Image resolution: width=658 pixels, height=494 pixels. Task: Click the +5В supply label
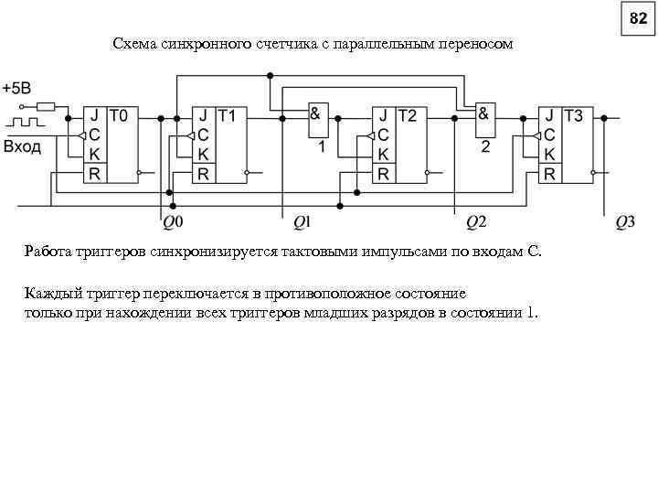[16, 89]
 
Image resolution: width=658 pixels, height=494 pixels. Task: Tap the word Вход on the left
[22, 146]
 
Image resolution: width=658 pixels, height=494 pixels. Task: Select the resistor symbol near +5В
[47, 106]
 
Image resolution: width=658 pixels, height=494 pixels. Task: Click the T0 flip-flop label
[121, 116]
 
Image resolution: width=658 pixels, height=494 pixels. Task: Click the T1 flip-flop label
[228, 116]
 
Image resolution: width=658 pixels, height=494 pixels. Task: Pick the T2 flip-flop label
[408, 116]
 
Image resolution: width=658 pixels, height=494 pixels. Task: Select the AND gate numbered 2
[486, 120]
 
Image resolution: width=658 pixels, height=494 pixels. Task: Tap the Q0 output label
[173, 221]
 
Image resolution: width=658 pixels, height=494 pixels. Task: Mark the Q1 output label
[302, 221]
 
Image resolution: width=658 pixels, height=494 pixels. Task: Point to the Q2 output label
[476, 221]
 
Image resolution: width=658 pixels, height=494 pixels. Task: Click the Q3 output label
[625, 221]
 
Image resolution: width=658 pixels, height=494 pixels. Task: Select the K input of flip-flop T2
[383, 154]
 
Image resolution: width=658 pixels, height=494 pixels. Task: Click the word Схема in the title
[133, 44]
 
